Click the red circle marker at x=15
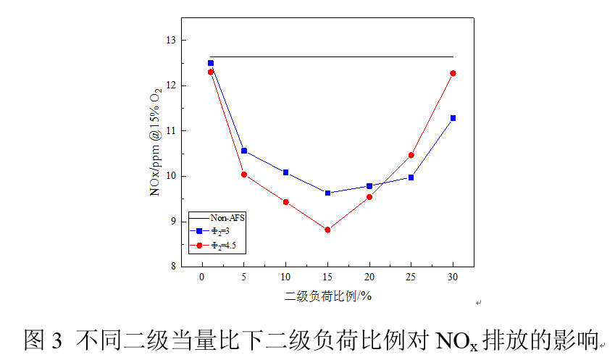pos(327,230)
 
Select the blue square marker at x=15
pos(327,193)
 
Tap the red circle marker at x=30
pos(453,73)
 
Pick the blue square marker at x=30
pos(453,118)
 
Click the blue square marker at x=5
pos(244,151)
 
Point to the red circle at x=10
pos(285,202)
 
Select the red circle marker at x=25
pos(411,155)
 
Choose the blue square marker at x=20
pos(369,186)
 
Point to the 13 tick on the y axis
pos(172,41)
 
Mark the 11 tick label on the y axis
pos(172,131)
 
